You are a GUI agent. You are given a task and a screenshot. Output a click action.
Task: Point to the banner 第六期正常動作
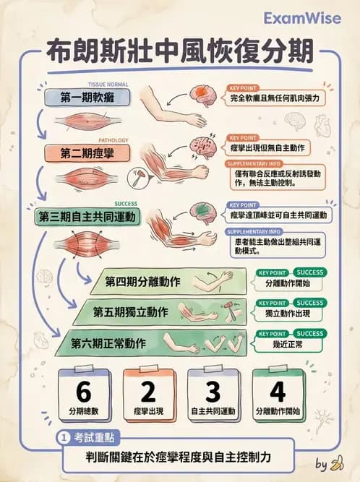tap(108, 343)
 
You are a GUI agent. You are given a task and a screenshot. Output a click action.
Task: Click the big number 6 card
tap(83, 392)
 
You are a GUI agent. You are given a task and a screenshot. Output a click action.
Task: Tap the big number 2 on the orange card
tap(148, 392)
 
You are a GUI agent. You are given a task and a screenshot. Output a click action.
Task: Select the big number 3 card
tap(212, 392)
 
